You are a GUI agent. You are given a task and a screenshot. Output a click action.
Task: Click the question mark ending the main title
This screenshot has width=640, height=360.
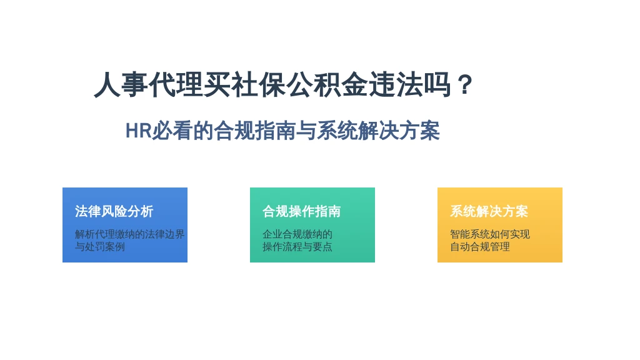[x=465, y=85]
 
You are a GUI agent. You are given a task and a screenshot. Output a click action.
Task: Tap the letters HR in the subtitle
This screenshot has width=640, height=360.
[x=138, y=131]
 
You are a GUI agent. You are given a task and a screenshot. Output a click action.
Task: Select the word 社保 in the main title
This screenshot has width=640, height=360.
[x=258, y=85]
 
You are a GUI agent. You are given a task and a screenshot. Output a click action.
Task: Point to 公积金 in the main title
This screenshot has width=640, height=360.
[x=326, y=85]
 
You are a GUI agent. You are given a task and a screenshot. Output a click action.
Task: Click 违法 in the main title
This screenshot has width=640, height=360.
[x=396, y=85]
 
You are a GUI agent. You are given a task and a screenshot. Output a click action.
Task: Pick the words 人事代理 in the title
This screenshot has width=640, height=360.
[x=148, y=85]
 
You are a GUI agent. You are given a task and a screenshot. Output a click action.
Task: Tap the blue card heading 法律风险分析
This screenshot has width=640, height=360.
[x=114, y=211]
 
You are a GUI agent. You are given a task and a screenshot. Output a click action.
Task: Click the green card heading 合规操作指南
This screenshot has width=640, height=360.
[x=302, y=211]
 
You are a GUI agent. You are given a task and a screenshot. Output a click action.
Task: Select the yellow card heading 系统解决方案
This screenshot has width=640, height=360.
[x=489, y=211]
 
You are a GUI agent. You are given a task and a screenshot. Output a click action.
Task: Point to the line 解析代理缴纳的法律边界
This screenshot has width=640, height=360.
[x=130, y=234]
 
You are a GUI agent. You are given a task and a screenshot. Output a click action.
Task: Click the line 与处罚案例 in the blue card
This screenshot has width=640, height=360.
[x=99, y=246]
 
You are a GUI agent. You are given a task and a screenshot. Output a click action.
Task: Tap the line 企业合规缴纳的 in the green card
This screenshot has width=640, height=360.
[x=297, y=234]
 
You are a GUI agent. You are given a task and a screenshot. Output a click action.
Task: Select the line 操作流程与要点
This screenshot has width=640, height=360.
[x=297, y=246]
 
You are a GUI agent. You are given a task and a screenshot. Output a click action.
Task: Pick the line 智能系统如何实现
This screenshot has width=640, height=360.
[x=490, y=234]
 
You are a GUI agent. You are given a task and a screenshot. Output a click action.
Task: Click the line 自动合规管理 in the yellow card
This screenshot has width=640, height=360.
[x=479, y=246]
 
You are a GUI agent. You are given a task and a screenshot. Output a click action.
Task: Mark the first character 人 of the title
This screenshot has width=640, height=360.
[x=107, y=85]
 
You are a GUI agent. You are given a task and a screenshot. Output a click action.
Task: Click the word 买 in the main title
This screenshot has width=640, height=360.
[x=217, y=85]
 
